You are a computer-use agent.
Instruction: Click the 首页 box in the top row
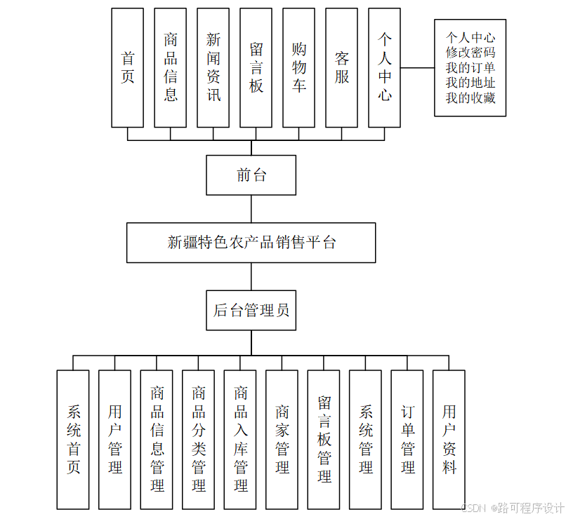click(127, 67)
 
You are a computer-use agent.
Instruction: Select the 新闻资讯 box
click(213, 67)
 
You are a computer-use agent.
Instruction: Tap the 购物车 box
click(298, 67)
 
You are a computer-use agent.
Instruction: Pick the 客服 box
click(341, 67)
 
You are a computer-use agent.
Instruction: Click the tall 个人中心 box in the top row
click(384, 67)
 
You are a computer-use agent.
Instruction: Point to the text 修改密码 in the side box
click(470, 53)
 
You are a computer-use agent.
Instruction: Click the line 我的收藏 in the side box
click(470, 98)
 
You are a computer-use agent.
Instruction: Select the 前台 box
click(251, 175)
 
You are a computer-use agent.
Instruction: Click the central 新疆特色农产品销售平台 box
click(251, 243)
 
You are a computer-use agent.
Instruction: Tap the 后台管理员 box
click(251, 310)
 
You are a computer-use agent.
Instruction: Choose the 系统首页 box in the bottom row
click(73, 439)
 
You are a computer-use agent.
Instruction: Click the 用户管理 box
click(114, 439)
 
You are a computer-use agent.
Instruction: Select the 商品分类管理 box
click(198, 439)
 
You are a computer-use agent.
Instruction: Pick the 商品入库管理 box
click(240, 439)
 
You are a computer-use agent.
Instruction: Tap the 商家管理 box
click(282, 439)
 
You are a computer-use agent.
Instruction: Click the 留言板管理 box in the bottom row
click(324, 439)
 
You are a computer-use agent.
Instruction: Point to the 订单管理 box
click(407, 439)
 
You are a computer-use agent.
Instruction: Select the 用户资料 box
click(449, 439)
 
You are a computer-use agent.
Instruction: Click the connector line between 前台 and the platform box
click(251, 209)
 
